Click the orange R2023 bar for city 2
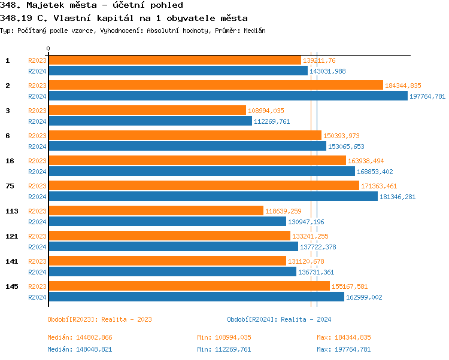(x=216, y=86)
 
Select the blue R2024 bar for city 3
(x=150, y=121)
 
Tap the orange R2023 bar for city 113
(x=156, y=210)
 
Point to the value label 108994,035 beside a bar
(x=266, y=111)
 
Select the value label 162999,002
(x=364, y=297)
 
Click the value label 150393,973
(x=341, y=136)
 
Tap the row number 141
(x=11, y=261)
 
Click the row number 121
(x=11, y=236)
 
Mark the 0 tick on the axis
(x=48, y=49)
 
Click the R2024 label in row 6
(x=37, y=147)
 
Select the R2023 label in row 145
(x=37, y=286)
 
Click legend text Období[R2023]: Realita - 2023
(x=99, y=319)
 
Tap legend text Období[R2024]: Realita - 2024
(x=279, y=319)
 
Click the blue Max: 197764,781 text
(x=344, y=349)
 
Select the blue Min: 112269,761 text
(x=224, y=349)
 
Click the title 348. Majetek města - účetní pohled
(x=92, y=5)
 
